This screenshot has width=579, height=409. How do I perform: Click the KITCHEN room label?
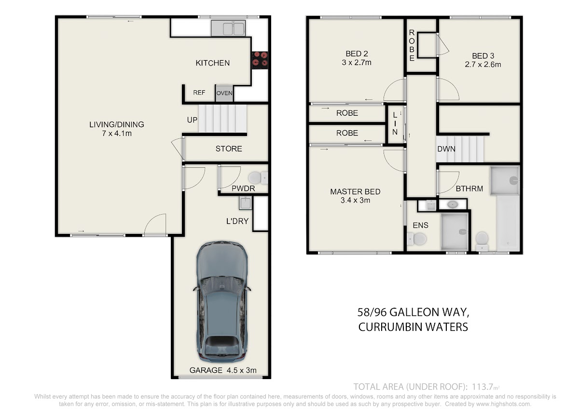coord(212,63)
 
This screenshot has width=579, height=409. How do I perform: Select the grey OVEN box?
coord(224,93)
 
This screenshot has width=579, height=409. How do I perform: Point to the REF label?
coord(199,93)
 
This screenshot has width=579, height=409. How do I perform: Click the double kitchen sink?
coord(228,28)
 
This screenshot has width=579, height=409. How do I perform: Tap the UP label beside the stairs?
coord(192,120)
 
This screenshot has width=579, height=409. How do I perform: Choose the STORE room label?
coord(229,149)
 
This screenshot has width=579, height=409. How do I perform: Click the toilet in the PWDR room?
coord(258,178)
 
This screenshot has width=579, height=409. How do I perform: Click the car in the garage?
coord(222,302)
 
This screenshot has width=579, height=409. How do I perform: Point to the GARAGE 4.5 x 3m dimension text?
coord(223,370)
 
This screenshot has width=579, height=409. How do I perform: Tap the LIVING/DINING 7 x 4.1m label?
coord(117,129)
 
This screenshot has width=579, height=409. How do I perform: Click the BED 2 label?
coord(357,54)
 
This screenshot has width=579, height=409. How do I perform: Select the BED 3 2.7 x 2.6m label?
coord(483,60)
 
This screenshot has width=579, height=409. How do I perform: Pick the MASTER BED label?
coord(355,191)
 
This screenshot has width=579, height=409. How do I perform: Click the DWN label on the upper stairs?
coord(446,149)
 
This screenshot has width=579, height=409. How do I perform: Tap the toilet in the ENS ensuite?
coord(416,239)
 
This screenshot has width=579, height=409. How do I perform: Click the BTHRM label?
coord(469,189)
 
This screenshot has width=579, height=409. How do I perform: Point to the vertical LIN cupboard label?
coord(395,123)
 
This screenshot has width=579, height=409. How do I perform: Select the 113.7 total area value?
coord(482,387)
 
